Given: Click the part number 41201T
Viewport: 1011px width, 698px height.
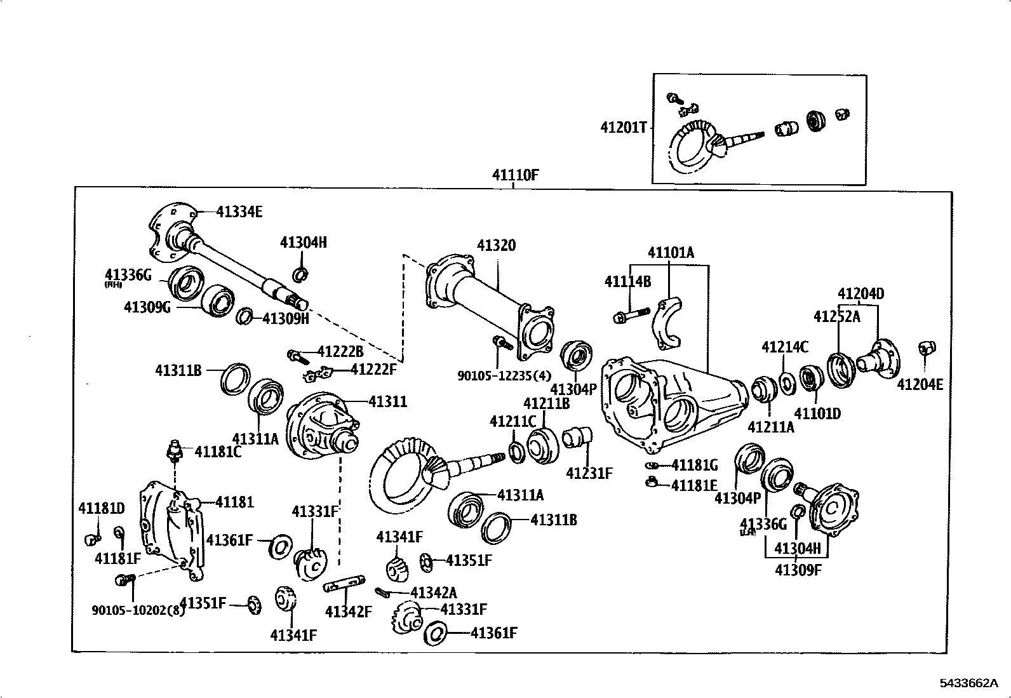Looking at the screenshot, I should pos(623,127).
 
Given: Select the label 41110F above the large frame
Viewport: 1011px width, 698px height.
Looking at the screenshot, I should pos(515,175).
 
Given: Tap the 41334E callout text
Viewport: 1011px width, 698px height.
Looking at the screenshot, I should pos(239,212).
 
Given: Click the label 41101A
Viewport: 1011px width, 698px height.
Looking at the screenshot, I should pos(671,253).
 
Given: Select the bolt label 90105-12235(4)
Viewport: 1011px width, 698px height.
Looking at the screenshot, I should pos(504,375).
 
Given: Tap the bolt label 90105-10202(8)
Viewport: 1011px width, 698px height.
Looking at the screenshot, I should pos(138,610).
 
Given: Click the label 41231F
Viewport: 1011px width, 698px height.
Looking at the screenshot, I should pos(589,473).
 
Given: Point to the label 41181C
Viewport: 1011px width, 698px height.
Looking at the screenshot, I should pos(218,452).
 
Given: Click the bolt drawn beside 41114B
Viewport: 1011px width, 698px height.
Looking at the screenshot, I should pos(631,314).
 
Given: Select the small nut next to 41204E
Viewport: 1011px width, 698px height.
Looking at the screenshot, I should pos(926,347).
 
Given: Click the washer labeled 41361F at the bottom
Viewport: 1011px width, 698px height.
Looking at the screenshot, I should pos(436,633).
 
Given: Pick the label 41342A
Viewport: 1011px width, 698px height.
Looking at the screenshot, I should pos(433,593).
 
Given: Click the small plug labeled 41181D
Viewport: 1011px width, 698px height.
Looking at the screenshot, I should pos(91,540).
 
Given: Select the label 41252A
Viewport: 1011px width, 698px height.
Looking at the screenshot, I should pos(837,316).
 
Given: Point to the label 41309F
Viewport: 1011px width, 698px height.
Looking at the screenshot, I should pos(798,569).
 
